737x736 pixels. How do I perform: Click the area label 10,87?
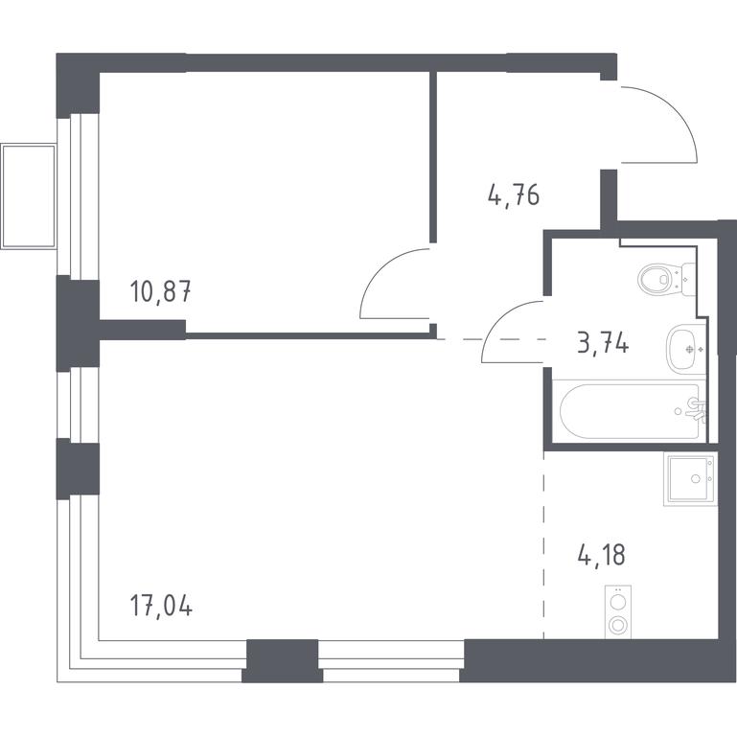(161, 291)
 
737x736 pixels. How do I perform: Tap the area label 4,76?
(514, 195)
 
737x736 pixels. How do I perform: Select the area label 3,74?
(603, 343)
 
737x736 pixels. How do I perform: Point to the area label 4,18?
(602, 555)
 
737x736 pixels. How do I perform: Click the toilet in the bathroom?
(666, 279)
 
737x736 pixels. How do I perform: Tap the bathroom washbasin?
(686, 349)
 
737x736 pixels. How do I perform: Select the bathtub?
(630, 411)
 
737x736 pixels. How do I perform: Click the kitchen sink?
(690, 479)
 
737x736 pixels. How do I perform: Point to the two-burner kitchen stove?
(617, 612)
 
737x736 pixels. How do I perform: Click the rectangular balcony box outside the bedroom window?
(28, 196)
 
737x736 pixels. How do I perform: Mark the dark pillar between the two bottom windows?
(283, 660)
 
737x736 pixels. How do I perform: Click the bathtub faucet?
(695, 408)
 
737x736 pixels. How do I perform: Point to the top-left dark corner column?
(78, 84)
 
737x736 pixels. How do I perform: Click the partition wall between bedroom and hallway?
(433, 157)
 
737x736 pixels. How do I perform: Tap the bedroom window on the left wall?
(78, 196)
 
